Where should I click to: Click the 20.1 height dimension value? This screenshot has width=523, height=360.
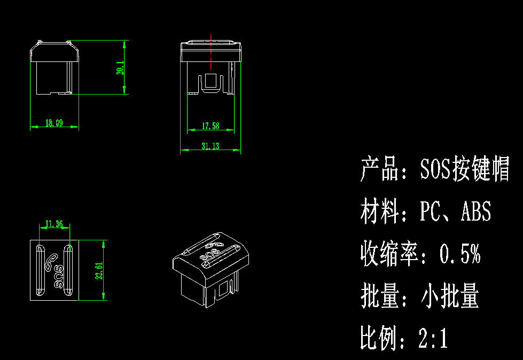120,68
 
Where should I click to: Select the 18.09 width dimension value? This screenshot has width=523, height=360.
54,123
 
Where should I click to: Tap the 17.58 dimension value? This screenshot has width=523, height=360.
210,126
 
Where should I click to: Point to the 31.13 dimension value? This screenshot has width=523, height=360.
210,146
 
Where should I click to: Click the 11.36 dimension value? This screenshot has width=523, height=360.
54,224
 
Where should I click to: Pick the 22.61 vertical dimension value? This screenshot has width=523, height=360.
99,270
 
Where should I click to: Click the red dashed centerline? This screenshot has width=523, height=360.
211,52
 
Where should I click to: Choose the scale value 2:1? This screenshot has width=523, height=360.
433,339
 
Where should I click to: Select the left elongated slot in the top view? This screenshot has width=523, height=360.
40,270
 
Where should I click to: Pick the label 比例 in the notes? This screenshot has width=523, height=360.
380,339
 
